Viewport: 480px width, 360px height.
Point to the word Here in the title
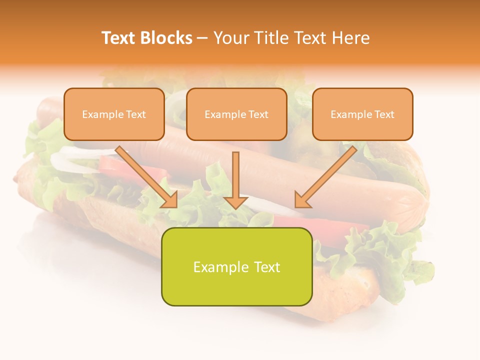click(x=350, y=38)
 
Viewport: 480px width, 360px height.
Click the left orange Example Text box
click(x=114, y=114)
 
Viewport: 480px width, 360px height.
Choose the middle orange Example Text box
click(x=236, y=114)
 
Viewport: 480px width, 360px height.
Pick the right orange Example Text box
click(x=362, y=114)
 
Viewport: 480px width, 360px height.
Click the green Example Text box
click(x=236, y=266)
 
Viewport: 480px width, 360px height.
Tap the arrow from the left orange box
click(x=145, y=175)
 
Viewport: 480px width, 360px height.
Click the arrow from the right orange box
click(x=327, y=175)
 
